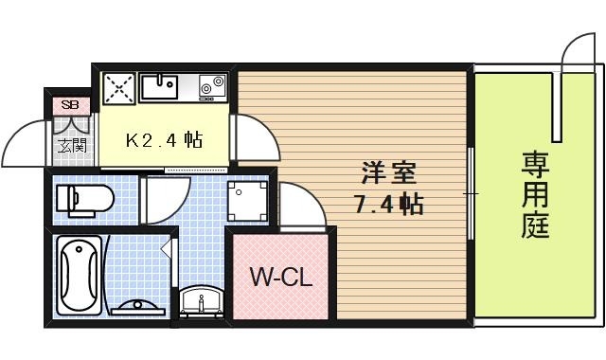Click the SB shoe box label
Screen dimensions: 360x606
(x=70, y=105)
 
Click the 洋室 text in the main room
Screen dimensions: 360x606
(x=389, y=174)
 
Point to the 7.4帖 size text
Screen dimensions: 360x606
(x=389, y=204)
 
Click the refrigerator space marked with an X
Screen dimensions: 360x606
(x=120, y=89)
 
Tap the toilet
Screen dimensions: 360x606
(x=84, y=199)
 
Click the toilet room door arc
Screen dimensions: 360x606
(x=160, y=197)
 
